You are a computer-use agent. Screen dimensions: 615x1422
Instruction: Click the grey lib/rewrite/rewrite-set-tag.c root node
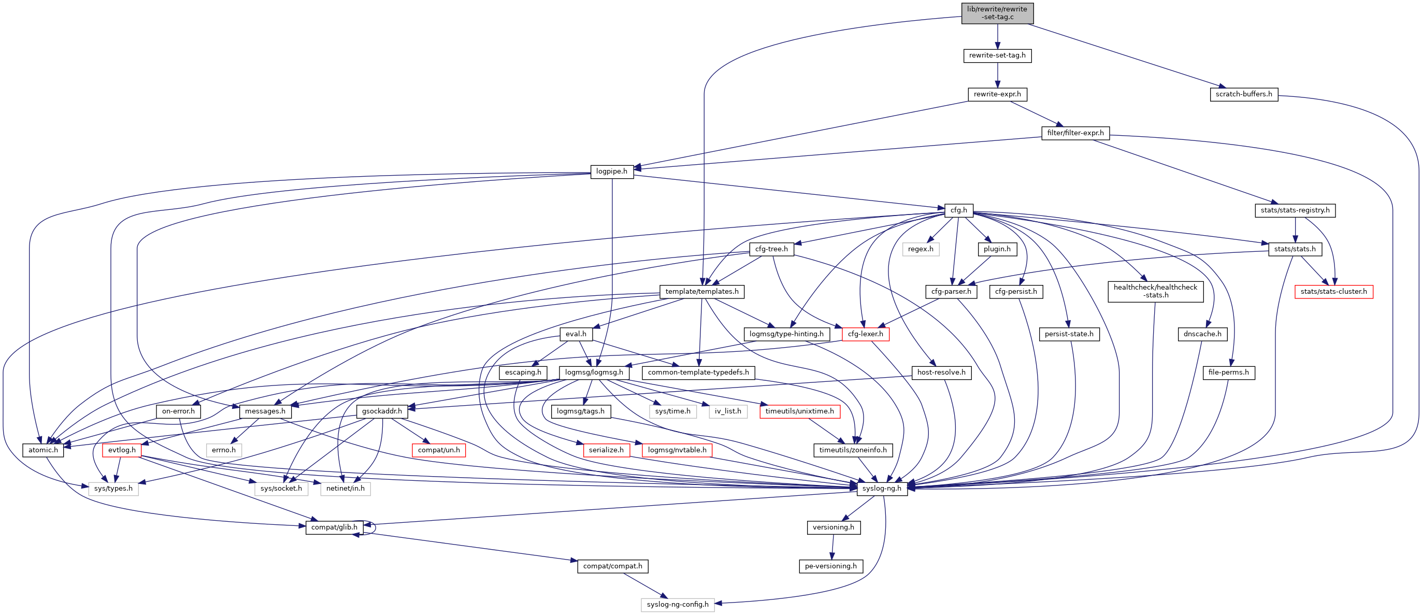coord(997,13)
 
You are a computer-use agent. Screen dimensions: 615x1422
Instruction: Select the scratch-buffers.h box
coord(1243,94)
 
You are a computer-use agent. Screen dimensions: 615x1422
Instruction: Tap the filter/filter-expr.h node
coord(1075,133)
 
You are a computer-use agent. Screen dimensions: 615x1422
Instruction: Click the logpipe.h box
coord(611,171)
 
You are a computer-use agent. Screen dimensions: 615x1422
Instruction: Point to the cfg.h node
coord(958,210)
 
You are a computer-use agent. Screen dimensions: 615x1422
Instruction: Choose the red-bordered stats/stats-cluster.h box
coord(1333,292)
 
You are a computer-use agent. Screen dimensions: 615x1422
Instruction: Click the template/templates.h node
coord(701,292)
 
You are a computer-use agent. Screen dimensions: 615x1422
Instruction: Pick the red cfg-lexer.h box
coord(865,334)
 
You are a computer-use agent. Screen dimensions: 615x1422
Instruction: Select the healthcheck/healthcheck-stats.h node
coord(1155,291)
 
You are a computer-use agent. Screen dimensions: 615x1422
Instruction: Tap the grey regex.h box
coord(920,249)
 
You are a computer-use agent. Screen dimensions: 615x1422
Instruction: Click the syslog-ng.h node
coord(881,489)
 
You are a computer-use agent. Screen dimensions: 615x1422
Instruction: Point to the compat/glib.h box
coord(334,527)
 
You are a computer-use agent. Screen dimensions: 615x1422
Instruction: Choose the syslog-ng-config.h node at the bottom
coord(677,605)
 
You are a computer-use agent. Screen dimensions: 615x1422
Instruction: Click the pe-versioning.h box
coord(830,566)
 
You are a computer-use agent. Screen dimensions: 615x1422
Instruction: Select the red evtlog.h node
coord(121,450)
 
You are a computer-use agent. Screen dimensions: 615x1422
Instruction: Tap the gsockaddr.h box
coord(381,411)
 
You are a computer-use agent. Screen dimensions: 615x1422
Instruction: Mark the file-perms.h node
coord(1228,373)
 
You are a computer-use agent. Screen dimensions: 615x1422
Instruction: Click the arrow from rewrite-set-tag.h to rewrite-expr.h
coord(997,75)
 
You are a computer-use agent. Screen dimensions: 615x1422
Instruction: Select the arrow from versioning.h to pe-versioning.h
coord(832,547)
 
